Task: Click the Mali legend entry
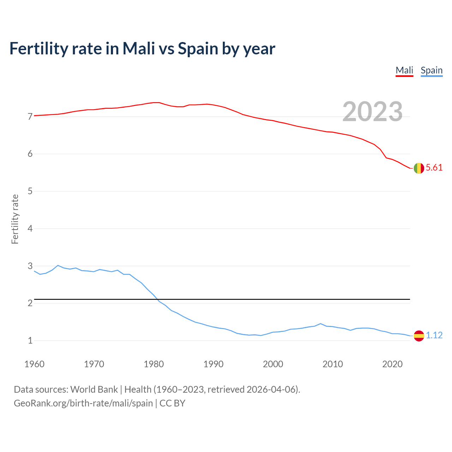[x=404, y=70]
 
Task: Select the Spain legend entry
[x=432, y=70]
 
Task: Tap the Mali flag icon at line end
[x=419, y=168]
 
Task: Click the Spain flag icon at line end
[x=419, y=336]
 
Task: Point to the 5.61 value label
[x=434, y=168]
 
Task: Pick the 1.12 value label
[x=434, y=335]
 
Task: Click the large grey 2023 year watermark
[x=373, y=112]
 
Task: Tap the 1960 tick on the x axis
[x=34, y=364]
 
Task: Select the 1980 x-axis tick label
[x=154, y=364]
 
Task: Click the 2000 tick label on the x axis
[x=273, y=364]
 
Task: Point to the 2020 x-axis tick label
[x=392, y=364]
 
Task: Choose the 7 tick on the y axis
[x=30, y=117]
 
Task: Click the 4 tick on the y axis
[x=30, y=228]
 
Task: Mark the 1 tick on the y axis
[x=30, y=341]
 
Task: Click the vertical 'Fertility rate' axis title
[x=15, y=219]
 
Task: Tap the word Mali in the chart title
[x=138, y=49]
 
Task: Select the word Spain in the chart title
[x=198, y=49]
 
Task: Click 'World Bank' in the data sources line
[x=94, y=389]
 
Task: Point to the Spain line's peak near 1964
[x=58, y=265]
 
